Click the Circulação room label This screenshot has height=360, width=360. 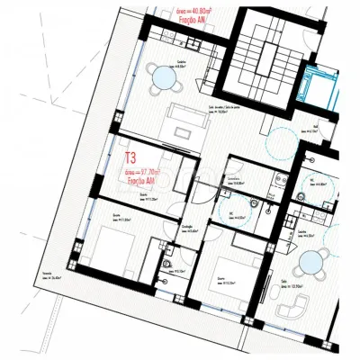(190, 229)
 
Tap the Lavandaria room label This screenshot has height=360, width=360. (234, 184)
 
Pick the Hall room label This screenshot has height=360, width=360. (316, 129)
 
